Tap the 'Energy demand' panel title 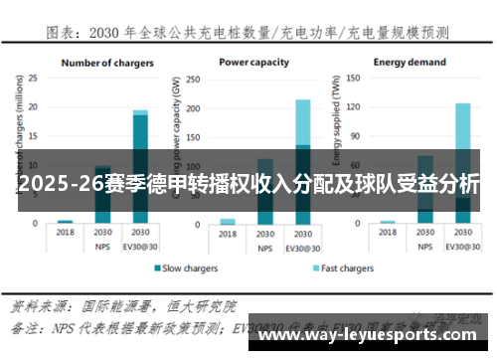click(x=411, y=62)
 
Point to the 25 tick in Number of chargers click(x=33, y=78)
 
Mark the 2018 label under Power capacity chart click(x=228, y=233)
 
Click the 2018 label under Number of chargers click(x=66, y=233)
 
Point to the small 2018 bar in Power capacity click(x=228, y=222)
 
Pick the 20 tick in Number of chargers click(x=33, y=106)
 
